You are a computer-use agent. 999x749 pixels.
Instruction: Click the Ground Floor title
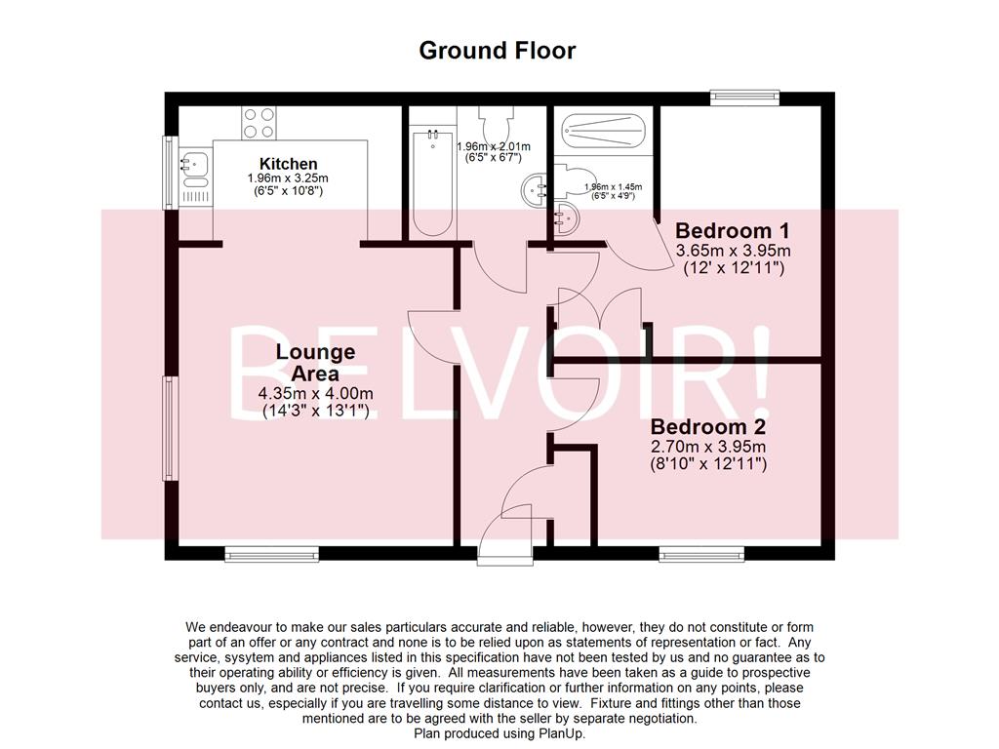coord(498,51)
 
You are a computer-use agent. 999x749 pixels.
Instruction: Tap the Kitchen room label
coord(288,164)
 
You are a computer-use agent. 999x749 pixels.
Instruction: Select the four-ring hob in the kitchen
coord(260,123)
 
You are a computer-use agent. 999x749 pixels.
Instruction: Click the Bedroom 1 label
coord(732,231)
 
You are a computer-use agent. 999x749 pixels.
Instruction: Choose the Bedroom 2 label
coord(708,427)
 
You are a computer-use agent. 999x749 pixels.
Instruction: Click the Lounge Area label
coord(315,362)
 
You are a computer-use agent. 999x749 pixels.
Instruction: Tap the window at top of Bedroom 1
coord(744,97)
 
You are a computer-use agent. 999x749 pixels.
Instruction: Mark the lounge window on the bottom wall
coord(259,554)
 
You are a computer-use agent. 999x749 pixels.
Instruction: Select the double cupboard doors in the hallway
coord(597,312)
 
